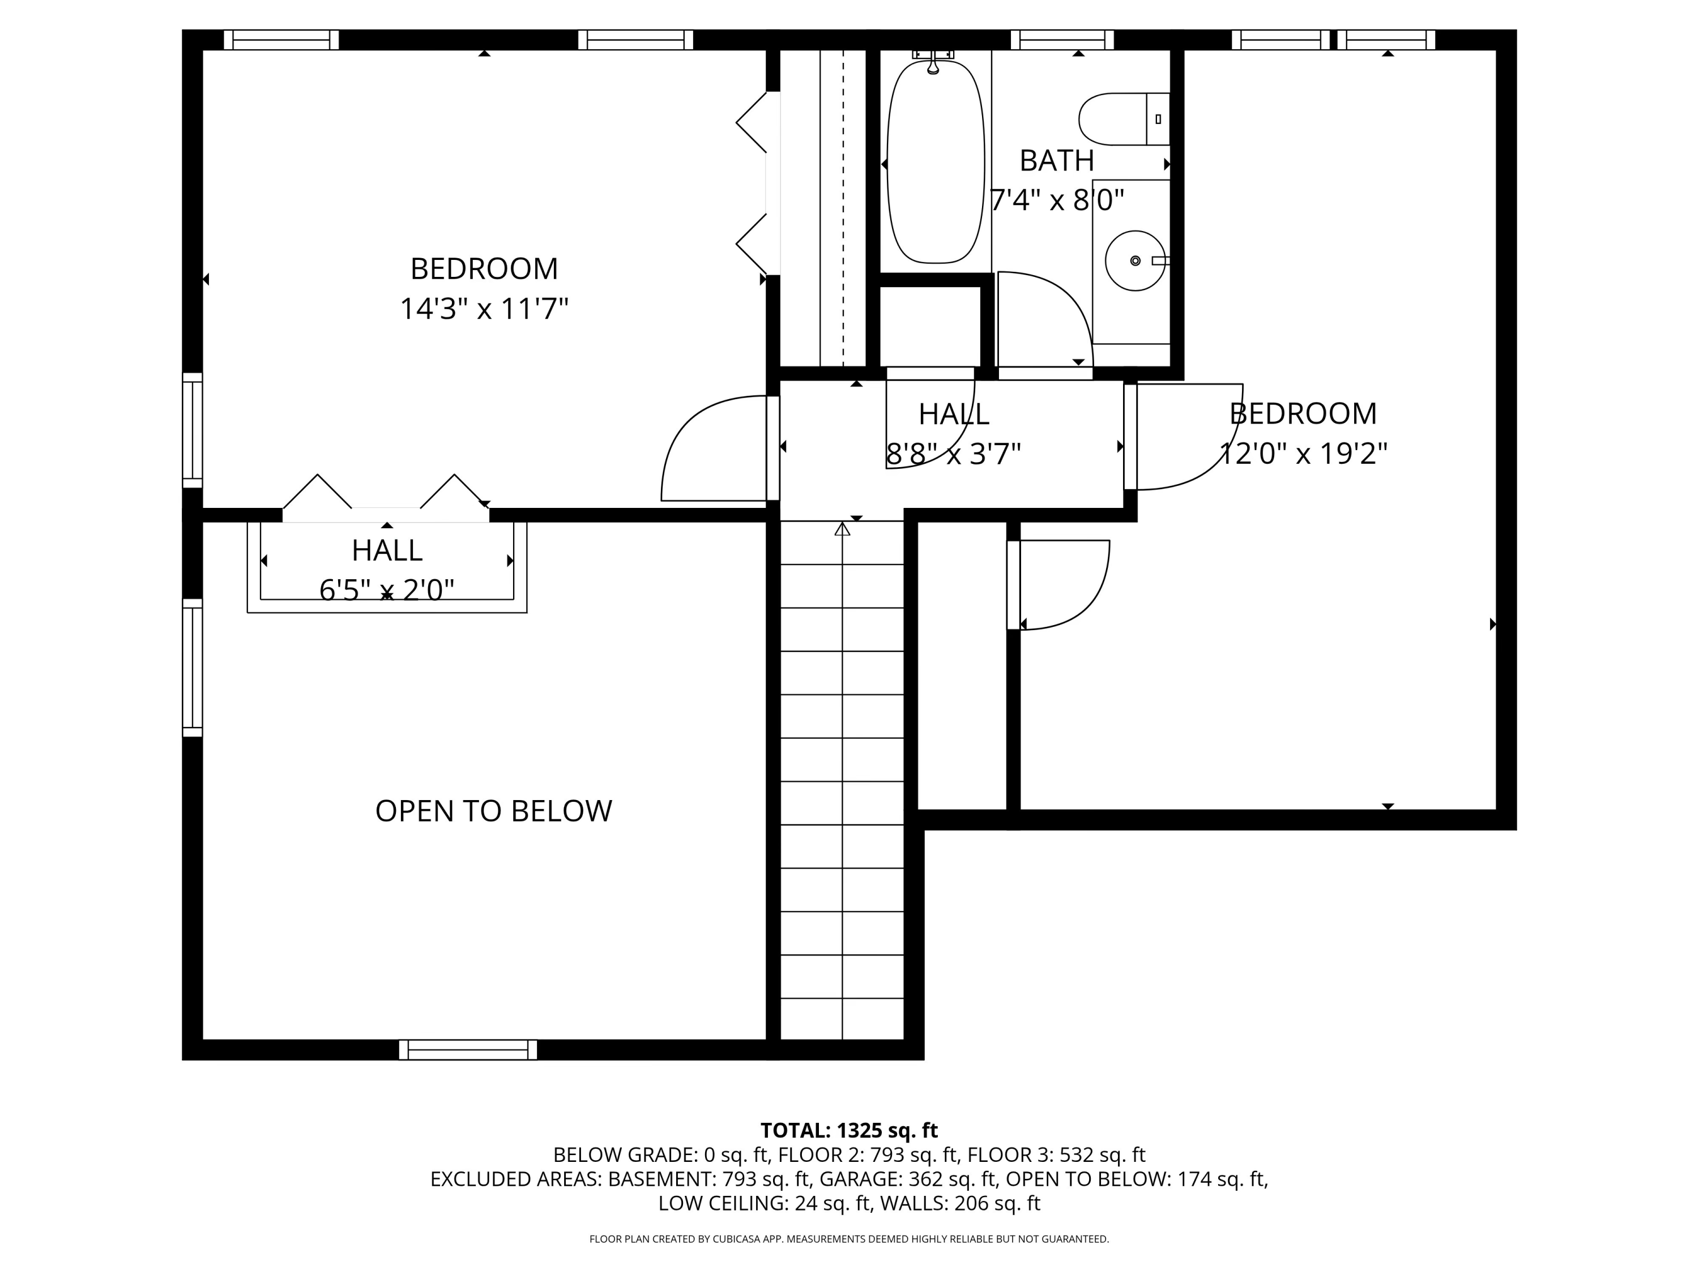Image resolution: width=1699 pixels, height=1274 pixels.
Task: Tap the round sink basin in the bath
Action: pos(1134,261)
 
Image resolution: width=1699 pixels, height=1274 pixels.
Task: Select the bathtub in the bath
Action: pos(936,161)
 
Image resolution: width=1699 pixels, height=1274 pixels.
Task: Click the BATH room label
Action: pos(1056,160)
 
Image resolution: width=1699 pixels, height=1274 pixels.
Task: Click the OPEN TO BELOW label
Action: pos(493,811)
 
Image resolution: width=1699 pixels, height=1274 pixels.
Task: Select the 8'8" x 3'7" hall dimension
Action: pos(953,454)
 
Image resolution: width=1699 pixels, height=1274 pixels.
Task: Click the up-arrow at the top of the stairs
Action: pos(843,529)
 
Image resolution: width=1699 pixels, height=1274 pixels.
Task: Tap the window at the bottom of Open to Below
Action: pos(468,1049)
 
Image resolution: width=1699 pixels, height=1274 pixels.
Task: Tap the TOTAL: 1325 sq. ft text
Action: pos(849,1130)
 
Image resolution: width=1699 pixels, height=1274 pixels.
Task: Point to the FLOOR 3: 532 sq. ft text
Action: pos(1056,1155)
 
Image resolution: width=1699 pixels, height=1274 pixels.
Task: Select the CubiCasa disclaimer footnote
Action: pos(849,1239)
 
